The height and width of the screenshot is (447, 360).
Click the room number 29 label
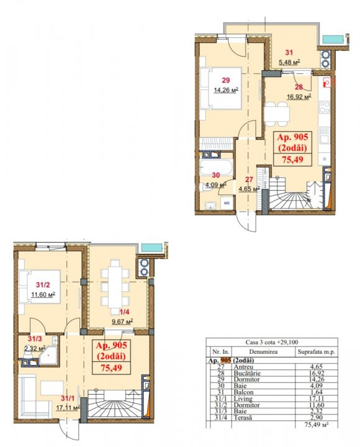coord(225,80)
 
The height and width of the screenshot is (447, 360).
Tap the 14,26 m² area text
coord(226,91)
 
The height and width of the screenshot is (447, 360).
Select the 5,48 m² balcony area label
coord(289,62)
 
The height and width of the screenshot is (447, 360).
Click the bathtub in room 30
coord(216,168)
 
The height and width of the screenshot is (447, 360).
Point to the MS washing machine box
coord(227,203)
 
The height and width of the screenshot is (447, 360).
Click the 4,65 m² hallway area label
coord(249,189)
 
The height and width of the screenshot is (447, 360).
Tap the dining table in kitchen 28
coord(276,114)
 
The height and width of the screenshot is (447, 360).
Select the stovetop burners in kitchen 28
coord(325,107)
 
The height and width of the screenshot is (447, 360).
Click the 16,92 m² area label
coord(299,97)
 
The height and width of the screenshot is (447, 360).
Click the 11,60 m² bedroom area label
coord(43,294)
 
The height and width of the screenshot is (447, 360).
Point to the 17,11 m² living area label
coord(68,408)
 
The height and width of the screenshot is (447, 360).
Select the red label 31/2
coord(43,284)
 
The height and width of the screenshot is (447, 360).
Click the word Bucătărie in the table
coord(247,373)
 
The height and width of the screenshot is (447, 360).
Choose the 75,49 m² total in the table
coord(317,425)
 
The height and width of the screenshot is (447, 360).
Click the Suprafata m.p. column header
coord(317,352)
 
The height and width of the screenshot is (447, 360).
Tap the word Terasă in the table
coord(243,418)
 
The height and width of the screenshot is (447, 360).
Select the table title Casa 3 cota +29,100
coord(272,342)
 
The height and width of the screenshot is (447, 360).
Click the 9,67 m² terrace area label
coord(122,322)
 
